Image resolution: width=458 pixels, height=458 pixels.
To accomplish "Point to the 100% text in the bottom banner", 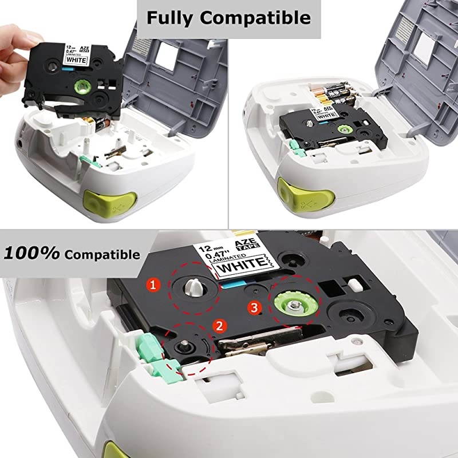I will click(x=33, y=252).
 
